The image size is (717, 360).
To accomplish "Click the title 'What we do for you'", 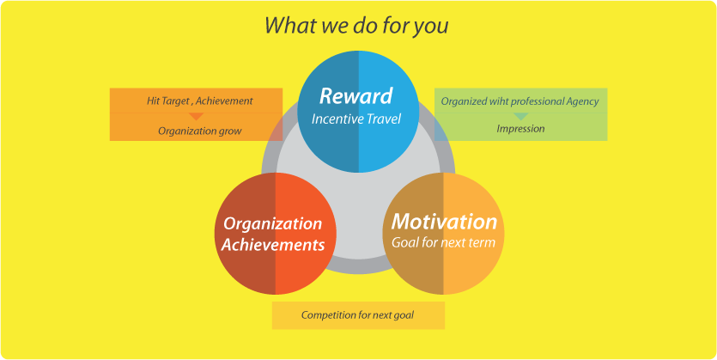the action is [x=356, y=26].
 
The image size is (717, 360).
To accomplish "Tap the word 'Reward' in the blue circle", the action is [x=355, y=96].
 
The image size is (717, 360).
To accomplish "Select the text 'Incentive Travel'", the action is [x=356, y=119].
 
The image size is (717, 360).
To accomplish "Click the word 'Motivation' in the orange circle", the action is [x=444, y=222].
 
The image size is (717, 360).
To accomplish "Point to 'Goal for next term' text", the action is [x=443, y=242].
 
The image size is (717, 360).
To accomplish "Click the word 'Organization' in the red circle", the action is [x=272, y=224].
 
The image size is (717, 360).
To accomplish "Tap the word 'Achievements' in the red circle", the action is [x=272, y=245].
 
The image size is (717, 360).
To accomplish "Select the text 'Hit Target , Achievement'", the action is [x=200, y=101].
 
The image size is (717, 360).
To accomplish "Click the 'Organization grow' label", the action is [x=200, y=131].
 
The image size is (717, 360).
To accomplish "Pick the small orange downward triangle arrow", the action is [x=196, y=116].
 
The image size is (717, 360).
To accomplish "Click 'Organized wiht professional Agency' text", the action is [x=520, y=101].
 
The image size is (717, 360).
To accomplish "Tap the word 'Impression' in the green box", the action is [x=520, y=129].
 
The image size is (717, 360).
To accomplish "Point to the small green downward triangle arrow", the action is [x=521, y=116].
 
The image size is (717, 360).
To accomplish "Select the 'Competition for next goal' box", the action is [x=358, y=315].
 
